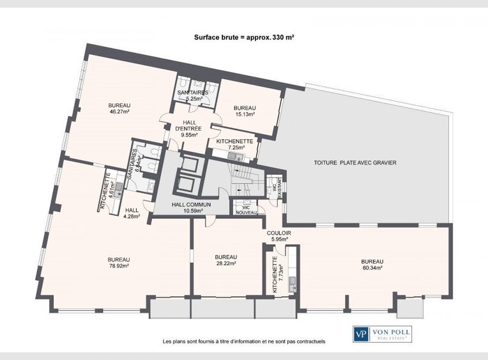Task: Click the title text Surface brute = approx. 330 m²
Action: coord(243,38)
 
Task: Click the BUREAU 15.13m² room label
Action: coord(244,111)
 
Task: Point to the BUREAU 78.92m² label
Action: coord(119,263)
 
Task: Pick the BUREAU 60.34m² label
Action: coord(372,264)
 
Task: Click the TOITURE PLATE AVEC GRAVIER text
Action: coord(355,163)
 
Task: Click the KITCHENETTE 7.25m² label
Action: coord(235,144)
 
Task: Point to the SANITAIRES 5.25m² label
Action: coord(194,96)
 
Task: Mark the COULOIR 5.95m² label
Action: coord(279,236)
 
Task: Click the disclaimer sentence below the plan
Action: coord(244,341)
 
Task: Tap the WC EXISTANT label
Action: coord(276,187)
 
